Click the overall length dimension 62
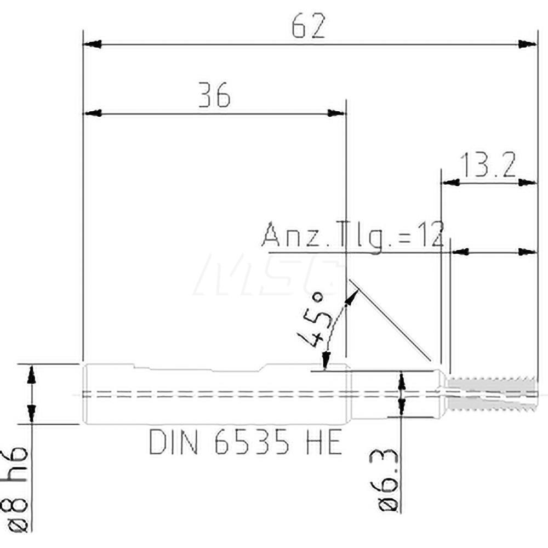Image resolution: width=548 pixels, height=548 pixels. (308, 26)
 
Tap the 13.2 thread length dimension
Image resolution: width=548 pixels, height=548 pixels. (488, 165)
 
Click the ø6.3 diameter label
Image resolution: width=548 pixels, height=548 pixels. (387, 479)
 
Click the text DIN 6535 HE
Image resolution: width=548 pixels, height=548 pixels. (246, 443)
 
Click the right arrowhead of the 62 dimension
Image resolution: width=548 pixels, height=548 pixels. (527, 43)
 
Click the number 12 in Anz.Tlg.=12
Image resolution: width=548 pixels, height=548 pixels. (430, 236)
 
